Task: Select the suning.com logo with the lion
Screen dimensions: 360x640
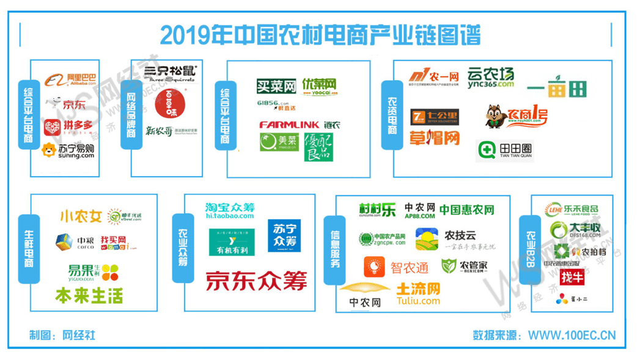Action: click(x=68, y=150)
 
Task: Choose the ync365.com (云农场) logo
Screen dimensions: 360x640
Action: click(x=490, y=78)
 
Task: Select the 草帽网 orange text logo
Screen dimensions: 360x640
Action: click(x=434, y=138)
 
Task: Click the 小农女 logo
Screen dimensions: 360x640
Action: click(x=80, y=216)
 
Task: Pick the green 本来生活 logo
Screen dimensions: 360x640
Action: click(x=89, y=296)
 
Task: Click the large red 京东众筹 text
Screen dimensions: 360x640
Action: click(x=256, y=281)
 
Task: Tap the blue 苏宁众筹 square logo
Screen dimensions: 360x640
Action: click(x=284, y=236)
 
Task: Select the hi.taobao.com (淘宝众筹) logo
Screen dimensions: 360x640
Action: click(x=229, y=211)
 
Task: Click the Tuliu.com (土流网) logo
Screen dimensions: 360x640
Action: click(x=417, y=294)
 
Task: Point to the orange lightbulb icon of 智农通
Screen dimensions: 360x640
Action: click(x=373, y=267)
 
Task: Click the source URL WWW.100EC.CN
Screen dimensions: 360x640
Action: click(x=572, y=336)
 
